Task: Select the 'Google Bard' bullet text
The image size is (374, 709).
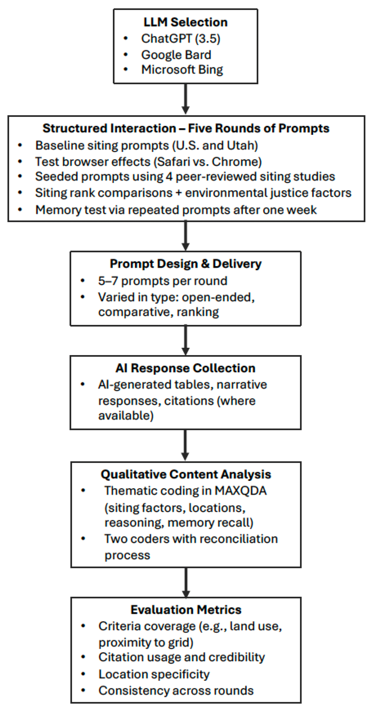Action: click(x=176, y=55)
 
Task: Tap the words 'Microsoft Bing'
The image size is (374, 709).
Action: click(x=182, y=70)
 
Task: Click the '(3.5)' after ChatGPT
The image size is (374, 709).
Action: click(x=207, y=39)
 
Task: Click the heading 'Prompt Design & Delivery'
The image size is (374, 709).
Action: click(x=186, y=264)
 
